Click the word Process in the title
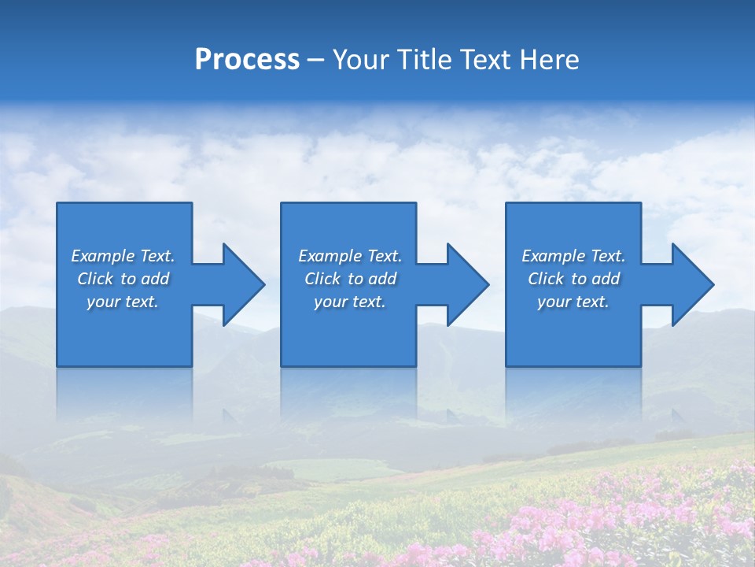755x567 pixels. tap(247, 60)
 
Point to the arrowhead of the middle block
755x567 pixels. tap(466, 284)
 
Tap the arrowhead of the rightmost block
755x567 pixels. tap(691, 284)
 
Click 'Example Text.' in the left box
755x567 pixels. tap(123, 256)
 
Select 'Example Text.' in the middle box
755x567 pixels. tap(350, 256)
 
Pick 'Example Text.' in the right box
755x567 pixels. tap(573, 256)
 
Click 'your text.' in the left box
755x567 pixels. tap(123, 302)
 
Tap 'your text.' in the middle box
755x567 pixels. tap(350, 302)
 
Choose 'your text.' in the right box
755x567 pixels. tap(573, 302)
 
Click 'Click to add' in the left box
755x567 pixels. tap(123, 279)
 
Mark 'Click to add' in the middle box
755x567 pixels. tap(350, 279)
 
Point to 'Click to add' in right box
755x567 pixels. tap(573, 279)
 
